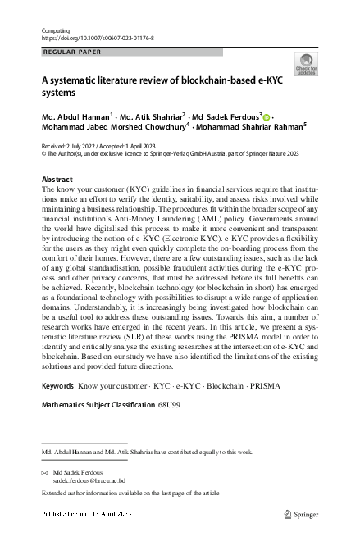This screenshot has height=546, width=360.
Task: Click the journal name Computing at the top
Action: pos(55,30)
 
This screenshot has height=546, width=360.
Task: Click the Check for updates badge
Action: pos(306,65)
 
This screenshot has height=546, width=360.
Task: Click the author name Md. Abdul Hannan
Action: pos(75,117)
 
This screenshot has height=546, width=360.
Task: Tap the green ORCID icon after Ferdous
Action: pos(267,117)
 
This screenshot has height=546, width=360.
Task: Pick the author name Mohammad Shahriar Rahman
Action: pos(250,128)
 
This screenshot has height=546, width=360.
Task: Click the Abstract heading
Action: pos(58,179)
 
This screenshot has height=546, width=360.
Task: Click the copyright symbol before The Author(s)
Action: pos(44,152)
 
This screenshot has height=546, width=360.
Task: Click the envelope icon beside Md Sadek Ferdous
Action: pos(44,473)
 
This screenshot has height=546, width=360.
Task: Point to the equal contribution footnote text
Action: pos(148,452)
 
